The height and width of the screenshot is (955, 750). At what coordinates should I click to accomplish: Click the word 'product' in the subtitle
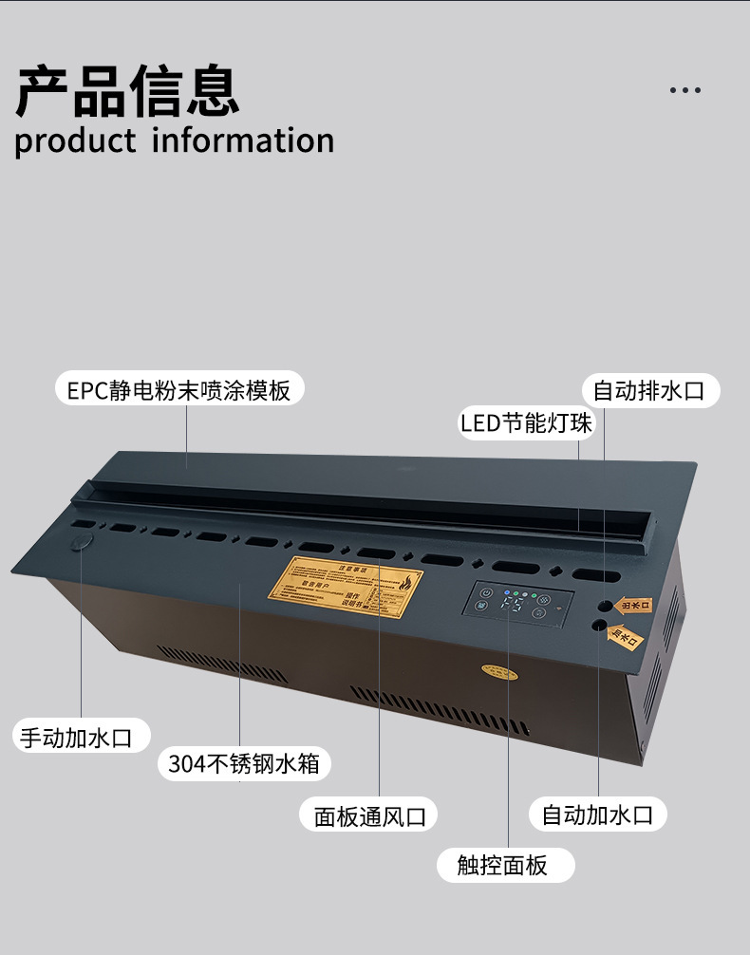point(76,141)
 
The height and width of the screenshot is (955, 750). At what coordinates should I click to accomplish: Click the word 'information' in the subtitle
point(243,140)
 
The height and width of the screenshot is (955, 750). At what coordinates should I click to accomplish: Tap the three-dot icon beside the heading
point(684,90)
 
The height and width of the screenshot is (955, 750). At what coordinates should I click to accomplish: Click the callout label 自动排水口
point(649,390)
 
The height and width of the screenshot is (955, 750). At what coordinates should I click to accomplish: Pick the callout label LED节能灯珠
point(526,421)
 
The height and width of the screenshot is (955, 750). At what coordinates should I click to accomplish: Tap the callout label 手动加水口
point(83,737)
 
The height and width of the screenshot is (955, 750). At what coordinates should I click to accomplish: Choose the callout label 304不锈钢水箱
point(244,762)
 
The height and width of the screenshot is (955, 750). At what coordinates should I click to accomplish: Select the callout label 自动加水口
point(597,814)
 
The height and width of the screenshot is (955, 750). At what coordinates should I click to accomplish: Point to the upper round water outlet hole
point(604,604)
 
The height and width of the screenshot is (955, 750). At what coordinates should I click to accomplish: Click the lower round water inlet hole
point(599,626)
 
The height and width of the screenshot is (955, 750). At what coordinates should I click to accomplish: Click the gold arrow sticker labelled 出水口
point(634,605)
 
